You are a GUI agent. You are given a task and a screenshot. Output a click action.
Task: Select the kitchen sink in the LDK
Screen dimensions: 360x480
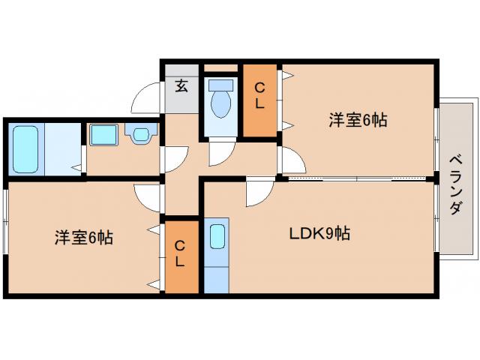217,236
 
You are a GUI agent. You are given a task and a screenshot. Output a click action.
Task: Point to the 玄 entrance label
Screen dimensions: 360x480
181,85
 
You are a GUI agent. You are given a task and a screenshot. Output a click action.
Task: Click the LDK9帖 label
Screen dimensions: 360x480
319,233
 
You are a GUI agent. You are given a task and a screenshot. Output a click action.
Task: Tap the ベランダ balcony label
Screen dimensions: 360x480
455,184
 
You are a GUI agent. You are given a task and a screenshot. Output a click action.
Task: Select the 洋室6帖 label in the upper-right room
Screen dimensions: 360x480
357,119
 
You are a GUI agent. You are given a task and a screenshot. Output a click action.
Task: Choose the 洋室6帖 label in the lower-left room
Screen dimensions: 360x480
83,238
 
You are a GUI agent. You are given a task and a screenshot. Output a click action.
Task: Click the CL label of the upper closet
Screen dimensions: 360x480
259,96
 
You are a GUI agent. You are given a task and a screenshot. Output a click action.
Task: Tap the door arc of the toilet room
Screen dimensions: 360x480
220,153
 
